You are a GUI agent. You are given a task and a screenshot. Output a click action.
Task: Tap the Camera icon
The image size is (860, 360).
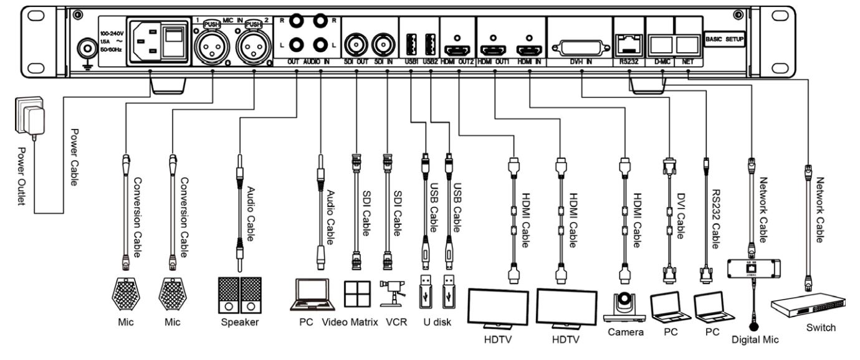pyautogui.click(x=624, y=306)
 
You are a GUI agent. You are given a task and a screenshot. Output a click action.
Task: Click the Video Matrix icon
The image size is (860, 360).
pyautogui.click(x=357, y=293)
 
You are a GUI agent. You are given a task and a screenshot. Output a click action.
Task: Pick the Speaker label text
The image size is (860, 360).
pyautogui.click(x=240, y=323)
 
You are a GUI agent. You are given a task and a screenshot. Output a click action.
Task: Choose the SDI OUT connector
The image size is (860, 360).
pyautogui.click(x=356, y=45)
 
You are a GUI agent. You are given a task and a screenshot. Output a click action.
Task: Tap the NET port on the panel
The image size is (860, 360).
pyautogui.click(x=688, y=44)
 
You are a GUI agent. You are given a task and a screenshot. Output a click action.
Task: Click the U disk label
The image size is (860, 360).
pyautogui.click(x=436, y=323)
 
